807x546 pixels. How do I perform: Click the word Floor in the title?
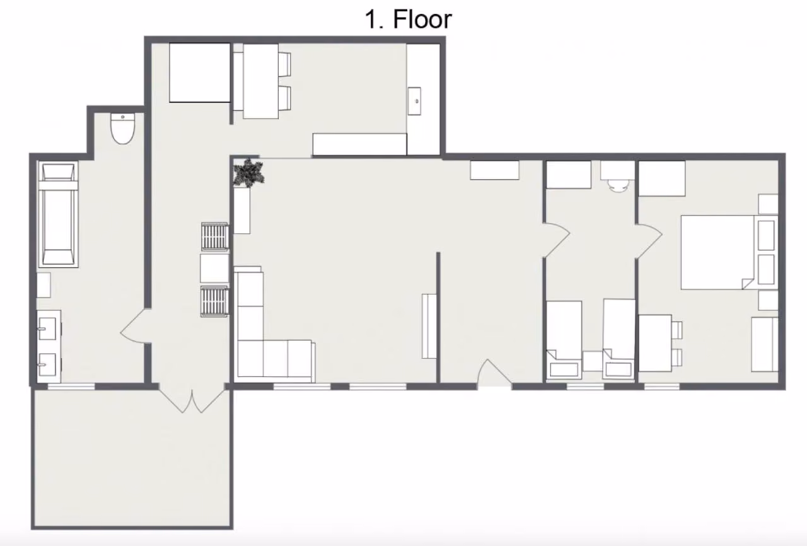422,19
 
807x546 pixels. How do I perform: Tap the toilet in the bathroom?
122,128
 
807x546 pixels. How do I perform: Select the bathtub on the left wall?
59,214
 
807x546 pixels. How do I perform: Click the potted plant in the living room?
248,173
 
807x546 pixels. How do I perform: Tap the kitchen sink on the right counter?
414,101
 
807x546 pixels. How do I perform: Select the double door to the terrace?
192,400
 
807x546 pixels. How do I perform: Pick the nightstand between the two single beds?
593,361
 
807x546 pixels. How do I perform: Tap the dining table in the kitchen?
260,81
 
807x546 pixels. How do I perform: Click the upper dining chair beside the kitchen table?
284,64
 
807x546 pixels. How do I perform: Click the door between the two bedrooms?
649,241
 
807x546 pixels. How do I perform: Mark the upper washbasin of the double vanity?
47,328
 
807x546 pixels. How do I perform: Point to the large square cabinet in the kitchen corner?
200,73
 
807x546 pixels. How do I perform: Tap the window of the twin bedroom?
585,387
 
